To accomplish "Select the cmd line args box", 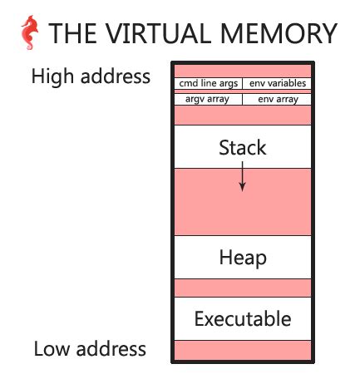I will [208, 83].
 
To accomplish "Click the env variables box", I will [277, 83].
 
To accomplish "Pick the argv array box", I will [208, 99].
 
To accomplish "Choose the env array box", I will [277, 99].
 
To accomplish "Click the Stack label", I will [242, 148].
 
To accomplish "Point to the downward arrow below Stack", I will [242, 176].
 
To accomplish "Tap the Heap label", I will [242, 258].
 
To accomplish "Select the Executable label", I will [242, 318].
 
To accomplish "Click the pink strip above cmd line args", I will [242, 70].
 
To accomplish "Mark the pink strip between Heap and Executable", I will [242, 288].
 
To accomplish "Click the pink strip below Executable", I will [242, 349].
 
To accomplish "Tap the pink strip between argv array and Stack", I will [242, 116].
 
